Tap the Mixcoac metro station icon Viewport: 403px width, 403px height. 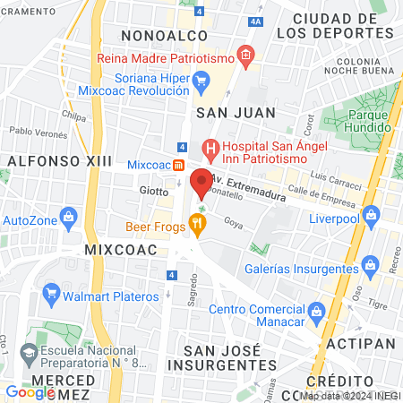point(179,166)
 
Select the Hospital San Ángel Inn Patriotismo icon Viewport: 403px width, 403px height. point(210,147)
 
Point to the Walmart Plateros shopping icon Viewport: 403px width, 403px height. point(52,293)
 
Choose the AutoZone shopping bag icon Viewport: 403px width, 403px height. point(69,217)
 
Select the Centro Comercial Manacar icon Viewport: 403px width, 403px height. point(315,310)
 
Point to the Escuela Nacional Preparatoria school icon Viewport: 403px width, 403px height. point(30,356)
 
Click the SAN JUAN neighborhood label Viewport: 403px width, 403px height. point(229,112)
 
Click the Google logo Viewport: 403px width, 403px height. point(30,391)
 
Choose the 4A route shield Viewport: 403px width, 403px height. point(257,21)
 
